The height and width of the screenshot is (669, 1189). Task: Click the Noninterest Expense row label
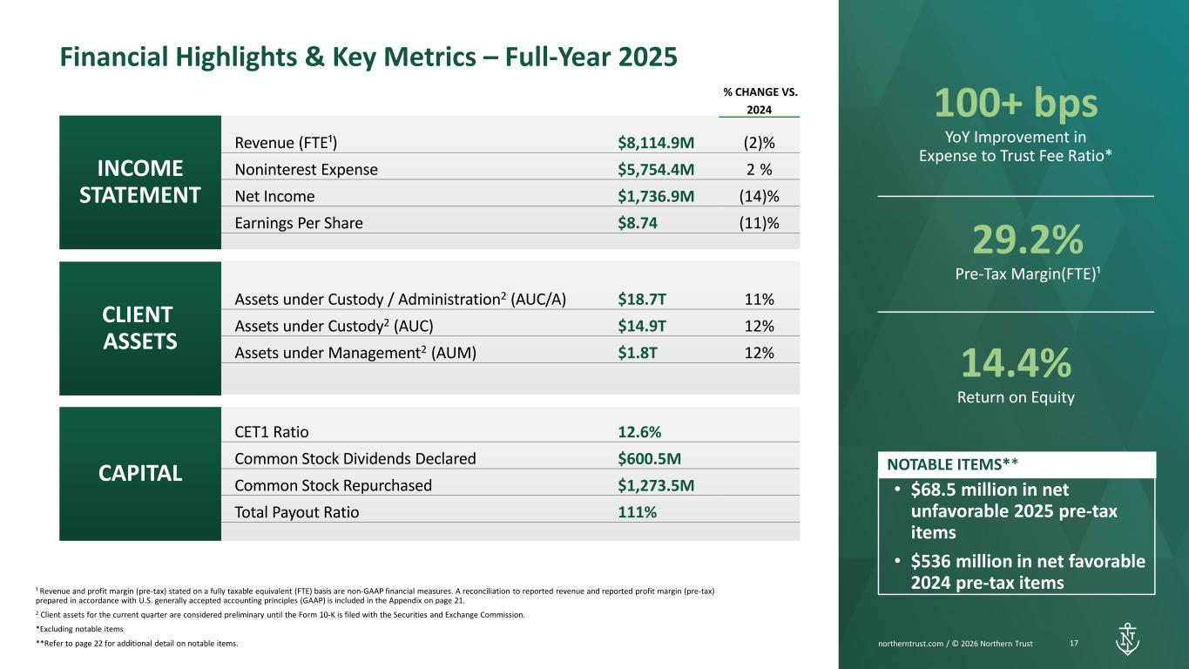click(x=306, y=170)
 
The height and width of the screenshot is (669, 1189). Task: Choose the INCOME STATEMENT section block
click(x=139, y=182)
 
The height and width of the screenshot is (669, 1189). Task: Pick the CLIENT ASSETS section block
click(x=139, y=328)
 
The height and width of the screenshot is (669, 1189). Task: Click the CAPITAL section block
click(x=139, y=473)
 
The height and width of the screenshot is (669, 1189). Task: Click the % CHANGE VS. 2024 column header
click(x=760, y=100)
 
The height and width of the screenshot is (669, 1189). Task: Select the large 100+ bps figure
click(x=1016, y=105)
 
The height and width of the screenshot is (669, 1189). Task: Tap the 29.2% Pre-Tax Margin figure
click(x=1016, y=238)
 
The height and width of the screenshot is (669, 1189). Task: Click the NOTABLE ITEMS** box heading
click(x=953, y=463)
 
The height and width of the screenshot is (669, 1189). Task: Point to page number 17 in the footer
click(x=1074, y=644)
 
